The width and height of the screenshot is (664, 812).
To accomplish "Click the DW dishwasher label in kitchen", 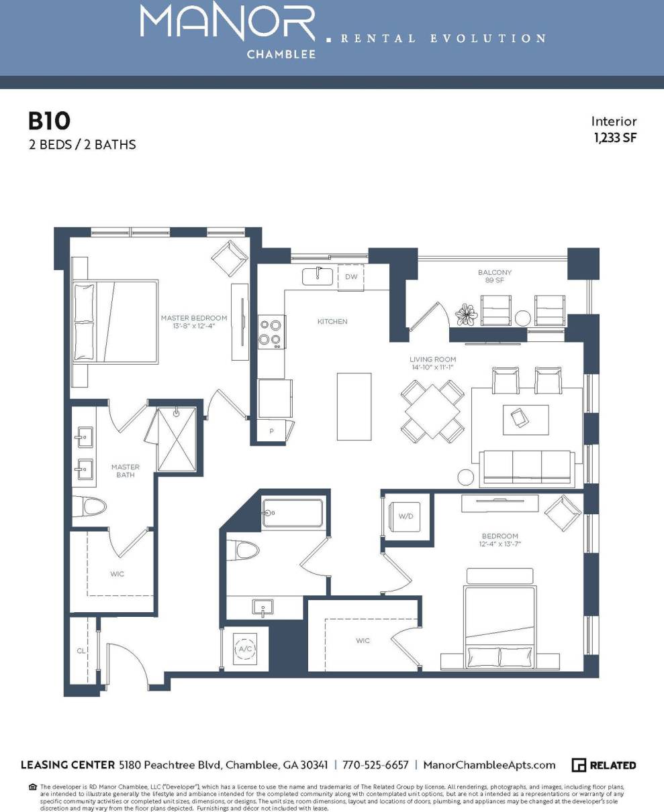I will [351, 276].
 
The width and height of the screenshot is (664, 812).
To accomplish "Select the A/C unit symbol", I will [244, 649].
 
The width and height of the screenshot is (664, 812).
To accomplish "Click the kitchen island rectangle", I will [354, 406].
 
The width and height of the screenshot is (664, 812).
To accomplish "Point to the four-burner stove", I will [270, 332].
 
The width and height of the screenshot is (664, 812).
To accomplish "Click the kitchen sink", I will [317, 276].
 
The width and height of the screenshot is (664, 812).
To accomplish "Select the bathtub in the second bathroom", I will [293, 513].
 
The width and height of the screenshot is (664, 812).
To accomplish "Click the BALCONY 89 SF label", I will [495, 276].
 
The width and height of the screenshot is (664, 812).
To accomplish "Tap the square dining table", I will [433, 410].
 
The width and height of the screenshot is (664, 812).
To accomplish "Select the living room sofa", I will [526, 467].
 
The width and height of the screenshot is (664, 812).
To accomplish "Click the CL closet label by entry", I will [81, 650].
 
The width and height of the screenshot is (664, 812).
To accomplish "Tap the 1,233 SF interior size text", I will [614, 138].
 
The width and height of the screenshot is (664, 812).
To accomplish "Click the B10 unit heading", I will [48, 121].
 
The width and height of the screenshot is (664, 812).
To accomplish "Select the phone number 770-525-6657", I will [375, 765].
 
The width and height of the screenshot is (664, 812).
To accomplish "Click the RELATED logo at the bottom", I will [604, 765].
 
